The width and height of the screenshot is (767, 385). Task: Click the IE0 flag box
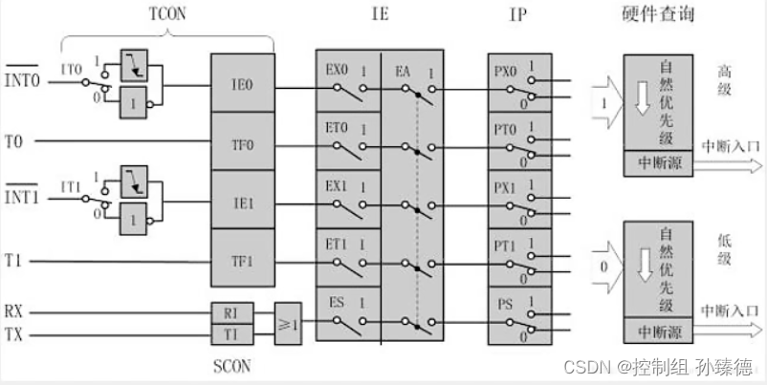pos(242,83)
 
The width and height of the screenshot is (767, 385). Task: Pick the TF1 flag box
pos(242,259)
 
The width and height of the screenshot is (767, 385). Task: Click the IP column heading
pos(517,13)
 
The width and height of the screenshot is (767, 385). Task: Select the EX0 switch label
pos(337,70)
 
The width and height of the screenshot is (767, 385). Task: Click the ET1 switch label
pos(337,245)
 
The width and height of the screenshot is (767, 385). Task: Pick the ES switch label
pos(337,303)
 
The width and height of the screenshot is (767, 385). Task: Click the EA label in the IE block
pos(403,70)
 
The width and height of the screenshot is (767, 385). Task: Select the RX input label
pos(13,311)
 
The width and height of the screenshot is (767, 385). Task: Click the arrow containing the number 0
pos(603,264)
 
